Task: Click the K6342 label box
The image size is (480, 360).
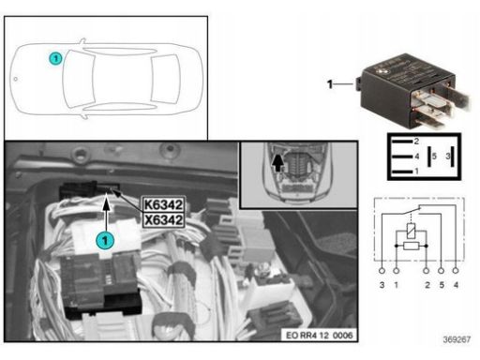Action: click(x=164, y=204)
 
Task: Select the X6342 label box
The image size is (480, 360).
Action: click(x=164, y=220)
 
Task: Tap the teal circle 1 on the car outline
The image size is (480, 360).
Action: click(x=55, y=58)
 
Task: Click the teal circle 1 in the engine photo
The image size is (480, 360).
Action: click(x=105, y=241)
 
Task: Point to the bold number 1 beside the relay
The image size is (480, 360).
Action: click(x=330, y=84)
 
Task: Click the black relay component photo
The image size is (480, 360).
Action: click(x=412, y=91)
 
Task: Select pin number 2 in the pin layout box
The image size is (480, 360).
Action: click(x=416, y=142)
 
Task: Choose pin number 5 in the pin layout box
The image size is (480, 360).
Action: click(x=434, y=156)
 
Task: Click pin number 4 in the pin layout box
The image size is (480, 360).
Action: click(x=416, y=156)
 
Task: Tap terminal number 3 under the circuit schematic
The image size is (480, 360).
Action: click(x=382, y=285)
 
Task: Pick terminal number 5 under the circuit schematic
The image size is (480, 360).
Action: click(x=442, y=285)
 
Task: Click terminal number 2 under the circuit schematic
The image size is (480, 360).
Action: click(x=427, y=285)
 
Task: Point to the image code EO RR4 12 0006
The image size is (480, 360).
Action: click(x=319, y=336)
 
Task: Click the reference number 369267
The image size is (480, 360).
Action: click(x=457, y=339)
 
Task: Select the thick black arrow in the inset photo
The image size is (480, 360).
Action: click(x=277, y=161)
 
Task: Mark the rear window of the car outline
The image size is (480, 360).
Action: click(x=165, y=79)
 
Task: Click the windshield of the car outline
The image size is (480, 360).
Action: click(x=79, y=79)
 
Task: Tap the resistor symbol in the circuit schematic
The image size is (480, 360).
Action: click(x=411, y=246)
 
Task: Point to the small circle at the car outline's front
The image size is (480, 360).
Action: click(x=16, y=79)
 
